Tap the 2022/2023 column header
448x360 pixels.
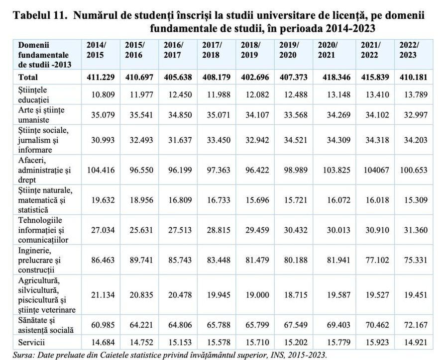[x=409, y=50]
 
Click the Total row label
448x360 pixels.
[x=28, y=78]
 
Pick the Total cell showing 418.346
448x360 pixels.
[x=332, y=78]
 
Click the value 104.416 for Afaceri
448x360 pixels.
[x=101, y=170]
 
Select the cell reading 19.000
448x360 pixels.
[x=257, y=295]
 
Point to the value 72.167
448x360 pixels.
[x=413, y=325]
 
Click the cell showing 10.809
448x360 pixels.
[x=102, y=93]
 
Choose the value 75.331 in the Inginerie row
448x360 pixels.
[x=413, y=259]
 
